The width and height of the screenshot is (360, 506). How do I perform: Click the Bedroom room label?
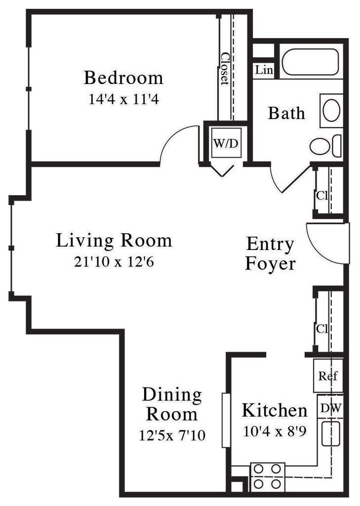[123, 78]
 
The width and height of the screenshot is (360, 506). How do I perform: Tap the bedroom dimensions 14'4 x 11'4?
[123, 99]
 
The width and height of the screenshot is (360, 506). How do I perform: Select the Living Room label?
[114, 241]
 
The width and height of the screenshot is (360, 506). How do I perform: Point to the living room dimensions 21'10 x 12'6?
[114, 261]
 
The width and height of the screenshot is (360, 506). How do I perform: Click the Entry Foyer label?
[270, 253]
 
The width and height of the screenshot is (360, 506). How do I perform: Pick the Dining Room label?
[172, 404]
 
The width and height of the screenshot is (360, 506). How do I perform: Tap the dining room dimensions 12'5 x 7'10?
[172, 435]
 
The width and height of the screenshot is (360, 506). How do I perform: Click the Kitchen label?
[274, 410]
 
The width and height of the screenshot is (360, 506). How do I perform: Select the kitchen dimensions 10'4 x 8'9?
[275, 431]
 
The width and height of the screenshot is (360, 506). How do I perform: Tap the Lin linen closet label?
[264, 70]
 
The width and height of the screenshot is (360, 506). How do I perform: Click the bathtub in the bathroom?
[310, 62]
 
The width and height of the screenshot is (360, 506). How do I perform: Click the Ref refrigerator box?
[328, 376]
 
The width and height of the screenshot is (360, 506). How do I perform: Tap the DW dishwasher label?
[330, 408]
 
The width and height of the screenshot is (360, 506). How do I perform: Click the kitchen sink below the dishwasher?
[330, 433]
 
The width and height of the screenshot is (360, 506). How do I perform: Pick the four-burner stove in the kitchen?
[268, 476]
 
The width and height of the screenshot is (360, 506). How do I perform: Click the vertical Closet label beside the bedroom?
[225, 69]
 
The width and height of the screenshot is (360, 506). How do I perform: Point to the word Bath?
[286, 113]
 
